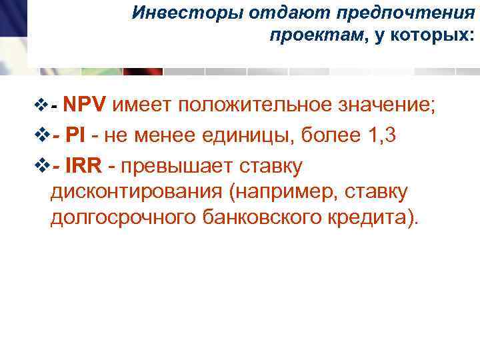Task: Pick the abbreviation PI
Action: (76, 135)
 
